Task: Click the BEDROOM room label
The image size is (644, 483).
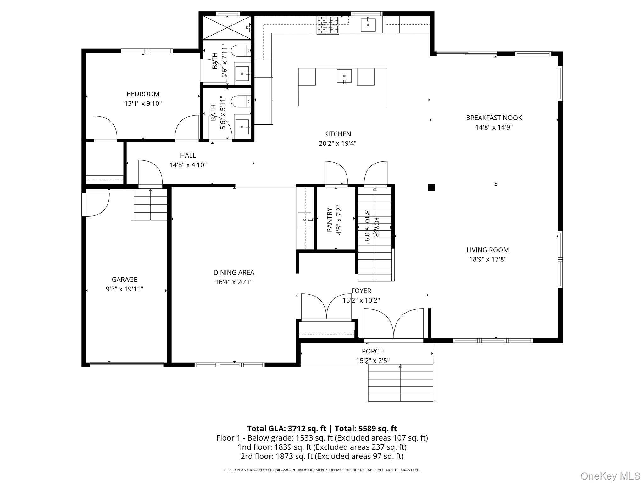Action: point(143,94)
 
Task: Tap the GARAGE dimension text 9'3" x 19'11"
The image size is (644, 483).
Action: point(125,289)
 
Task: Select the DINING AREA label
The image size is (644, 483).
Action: point(234,272)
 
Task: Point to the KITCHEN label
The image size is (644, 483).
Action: point(337,134)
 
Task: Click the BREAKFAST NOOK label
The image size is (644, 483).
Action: point(494,118)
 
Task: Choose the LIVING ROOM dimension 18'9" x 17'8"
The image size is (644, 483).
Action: point(488,259)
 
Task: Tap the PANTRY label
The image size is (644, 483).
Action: point(330,220)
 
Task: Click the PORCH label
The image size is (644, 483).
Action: point(373,351)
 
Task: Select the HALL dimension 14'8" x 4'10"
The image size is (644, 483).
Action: point(188,165)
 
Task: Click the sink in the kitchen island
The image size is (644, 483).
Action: point(344,76)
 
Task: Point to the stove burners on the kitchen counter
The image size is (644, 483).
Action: point(328,25)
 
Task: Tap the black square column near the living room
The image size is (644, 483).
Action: point(431,187)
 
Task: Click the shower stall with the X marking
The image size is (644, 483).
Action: point(227,28)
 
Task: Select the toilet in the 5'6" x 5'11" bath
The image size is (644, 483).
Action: point(241,101)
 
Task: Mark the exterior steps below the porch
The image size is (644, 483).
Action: point(400,383)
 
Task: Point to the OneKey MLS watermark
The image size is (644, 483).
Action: point(610,476)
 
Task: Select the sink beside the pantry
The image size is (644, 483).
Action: point(305,219)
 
